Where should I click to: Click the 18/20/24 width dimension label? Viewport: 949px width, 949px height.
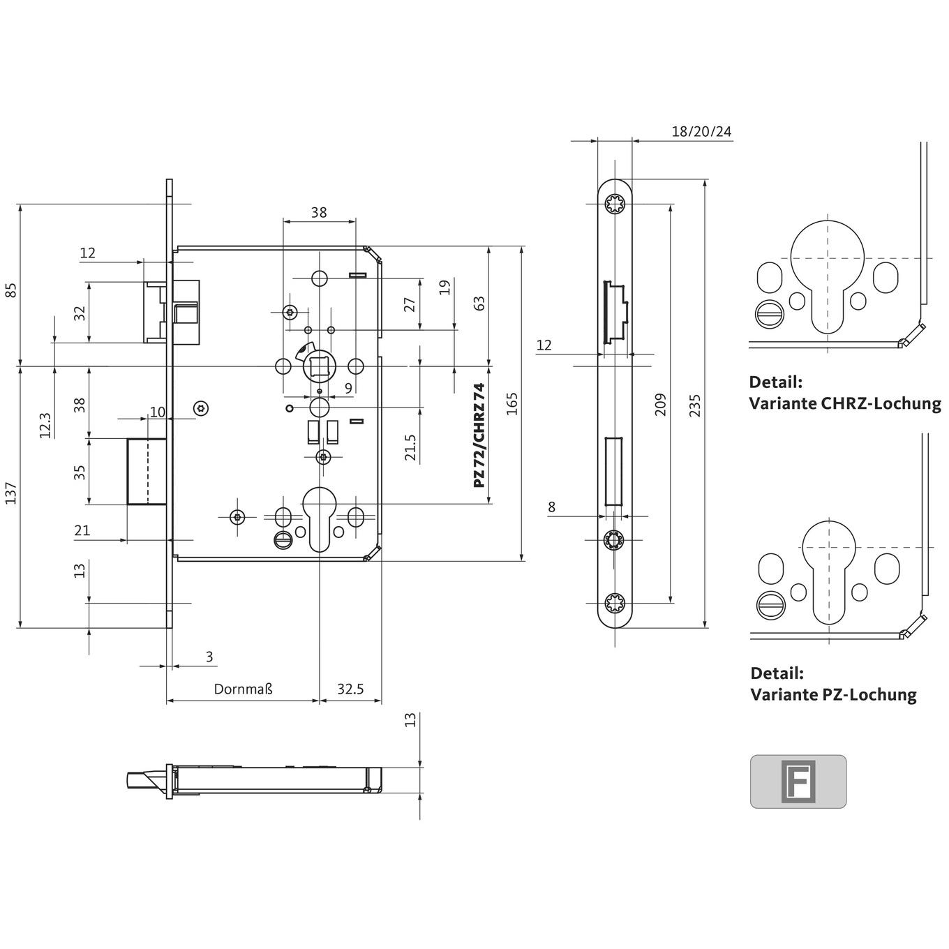click(701, 131)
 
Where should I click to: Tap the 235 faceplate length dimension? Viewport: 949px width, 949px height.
click(694, 405)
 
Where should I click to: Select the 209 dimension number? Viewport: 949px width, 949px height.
click(660, 404)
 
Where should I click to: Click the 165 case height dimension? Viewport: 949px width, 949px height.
click(512, 404)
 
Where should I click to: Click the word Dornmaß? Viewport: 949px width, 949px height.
click(244, 689)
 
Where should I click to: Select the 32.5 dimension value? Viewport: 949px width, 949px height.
click(350, 689)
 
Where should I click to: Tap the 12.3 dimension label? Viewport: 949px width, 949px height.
click(45, 425)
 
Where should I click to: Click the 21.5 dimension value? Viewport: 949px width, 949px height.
click(410, 447)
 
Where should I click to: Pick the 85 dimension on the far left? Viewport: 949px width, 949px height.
click(11, 290)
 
